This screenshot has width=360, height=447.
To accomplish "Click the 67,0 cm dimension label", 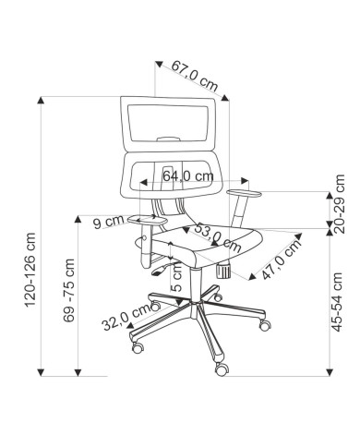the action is click(195, 76).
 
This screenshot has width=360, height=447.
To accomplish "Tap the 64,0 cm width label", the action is click(188, 176).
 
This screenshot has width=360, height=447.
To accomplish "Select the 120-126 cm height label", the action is click(30, 270).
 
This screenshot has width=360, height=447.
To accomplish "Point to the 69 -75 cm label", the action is click(69, 290).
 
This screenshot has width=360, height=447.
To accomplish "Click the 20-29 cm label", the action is click(338, 203).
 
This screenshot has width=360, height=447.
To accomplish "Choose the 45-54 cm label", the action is click(337, 302).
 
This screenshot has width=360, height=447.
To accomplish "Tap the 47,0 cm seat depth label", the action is click(282, 260).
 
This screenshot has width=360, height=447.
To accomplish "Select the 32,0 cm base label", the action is click(126, 317).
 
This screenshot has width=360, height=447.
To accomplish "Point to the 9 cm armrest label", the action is click(109, 222).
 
